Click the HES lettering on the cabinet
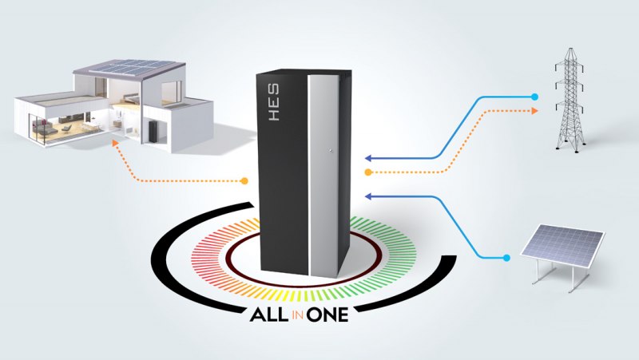tap(274, 102)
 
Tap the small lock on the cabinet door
tap(331, 151)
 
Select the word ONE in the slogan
tap(327, 315)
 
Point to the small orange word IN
tap(297, 315)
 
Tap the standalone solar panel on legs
tap(562, 255)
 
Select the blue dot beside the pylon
tap(534, 97)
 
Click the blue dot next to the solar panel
tap(506, 258)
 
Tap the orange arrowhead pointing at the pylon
tap(534, 111)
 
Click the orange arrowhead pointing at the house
tap(115, 143)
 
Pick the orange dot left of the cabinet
tap(244, 181)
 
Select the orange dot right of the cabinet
tap(368, 172)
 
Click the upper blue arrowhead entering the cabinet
tap(367, 158)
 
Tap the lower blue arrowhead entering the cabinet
tap(367, 196)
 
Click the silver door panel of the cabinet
tap(324, 175)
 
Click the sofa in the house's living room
tap(44, 129)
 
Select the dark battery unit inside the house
tap(153, 131)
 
